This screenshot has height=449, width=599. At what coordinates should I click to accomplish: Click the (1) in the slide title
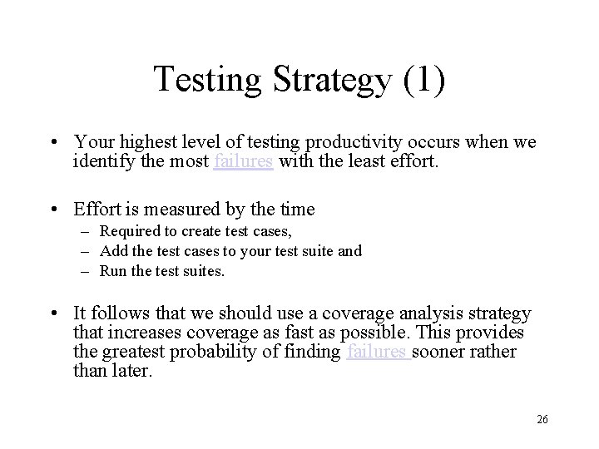click(423, 80)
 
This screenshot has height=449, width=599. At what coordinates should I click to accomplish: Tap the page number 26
click(542, 420)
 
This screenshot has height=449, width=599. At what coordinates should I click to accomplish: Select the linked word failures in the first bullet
click(243, 162)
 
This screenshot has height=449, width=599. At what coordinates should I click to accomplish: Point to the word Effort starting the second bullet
click(97, 210)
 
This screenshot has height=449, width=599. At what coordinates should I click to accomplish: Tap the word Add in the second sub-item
click(111, 251)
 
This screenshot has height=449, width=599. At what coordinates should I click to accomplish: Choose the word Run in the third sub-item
click(111, 271)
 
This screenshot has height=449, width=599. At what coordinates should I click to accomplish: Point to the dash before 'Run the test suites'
click(86, 271)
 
